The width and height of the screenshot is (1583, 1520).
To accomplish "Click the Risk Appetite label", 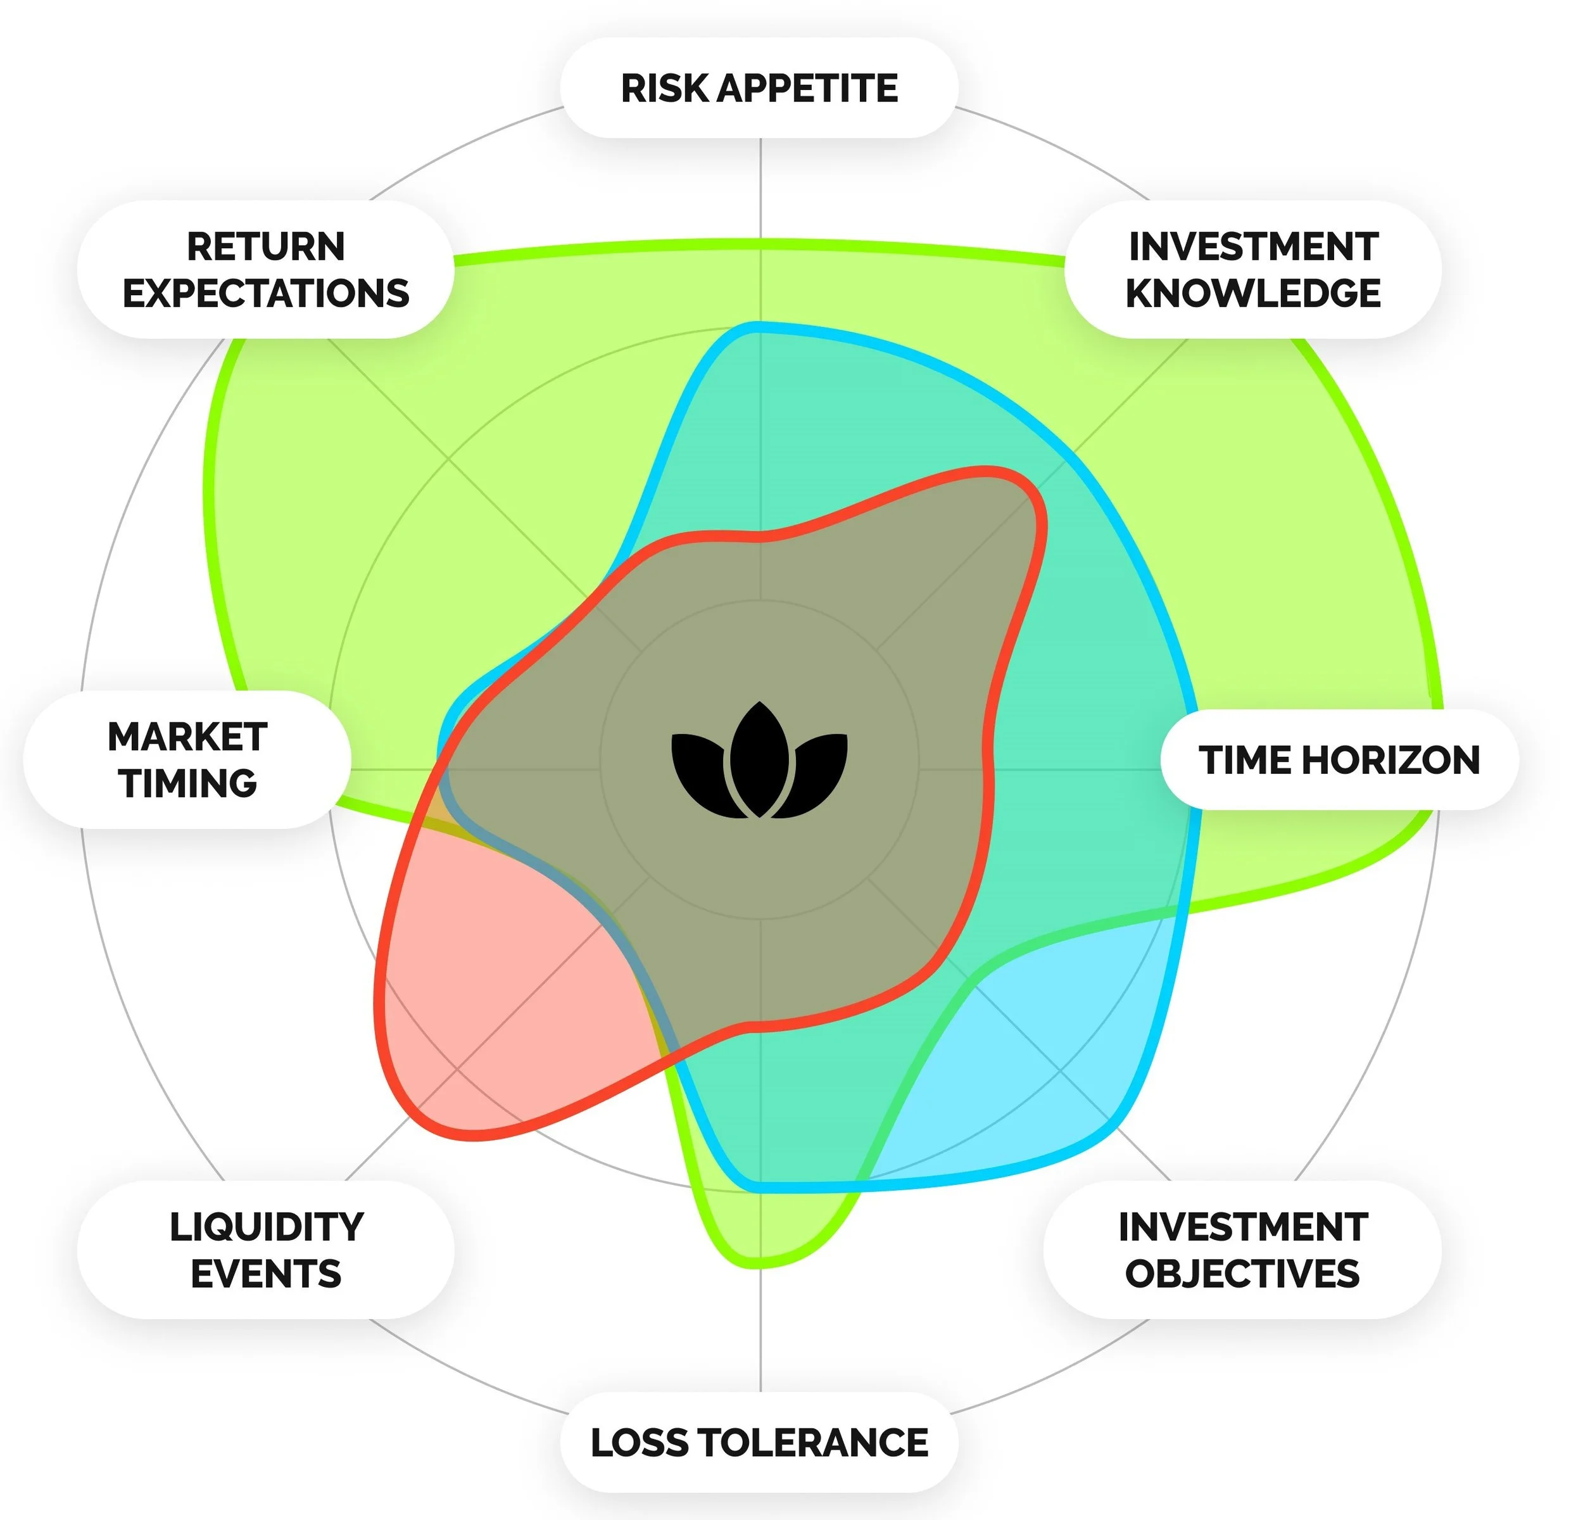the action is tap(759, 88).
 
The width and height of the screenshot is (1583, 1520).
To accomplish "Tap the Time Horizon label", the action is tap(1339, 760).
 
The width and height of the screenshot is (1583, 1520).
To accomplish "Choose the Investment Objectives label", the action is tap(1242, 1250).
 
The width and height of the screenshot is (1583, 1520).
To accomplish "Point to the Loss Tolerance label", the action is tap(759, 1443).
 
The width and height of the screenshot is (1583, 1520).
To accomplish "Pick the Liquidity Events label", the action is tap(266, 1250).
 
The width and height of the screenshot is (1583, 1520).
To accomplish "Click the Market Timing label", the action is tap(187, 760).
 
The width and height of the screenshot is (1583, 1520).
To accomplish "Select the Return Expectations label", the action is tap(266, 270).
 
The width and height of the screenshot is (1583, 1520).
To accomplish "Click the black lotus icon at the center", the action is tap(759, 760).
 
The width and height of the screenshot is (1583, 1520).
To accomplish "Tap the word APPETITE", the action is tap(808, 88).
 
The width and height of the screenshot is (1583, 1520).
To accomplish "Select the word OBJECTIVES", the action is tap(1242, 1274).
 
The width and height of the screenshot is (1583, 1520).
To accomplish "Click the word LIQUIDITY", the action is tap(266, 1227).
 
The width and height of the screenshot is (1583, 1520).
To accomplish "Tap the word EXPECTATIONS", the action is tap(266, 293).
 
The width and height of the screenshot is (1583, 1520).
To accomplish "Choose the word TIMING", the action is tap(187, 783).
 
